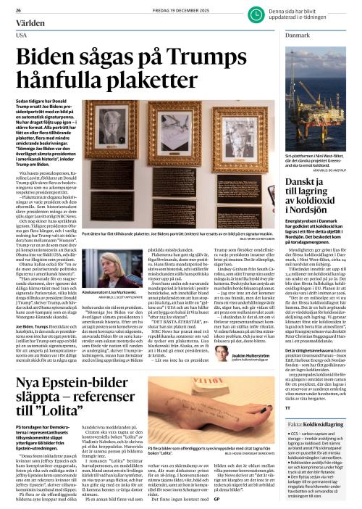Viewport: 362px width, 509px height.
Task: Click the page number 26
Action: pyautogui.click(x=17, y=9)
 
